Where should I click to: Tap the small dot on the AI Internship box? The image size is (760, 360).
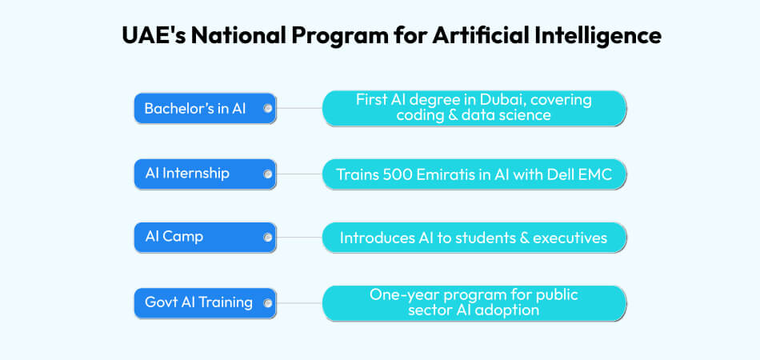(267, 174)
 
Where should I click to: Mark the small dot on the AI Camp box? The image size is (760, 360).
(267, 238)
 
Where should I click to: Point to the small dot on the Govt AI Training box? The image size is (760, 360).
(267, 303)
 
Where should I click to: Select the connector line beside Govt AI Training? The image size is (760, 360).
(298, 303)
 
